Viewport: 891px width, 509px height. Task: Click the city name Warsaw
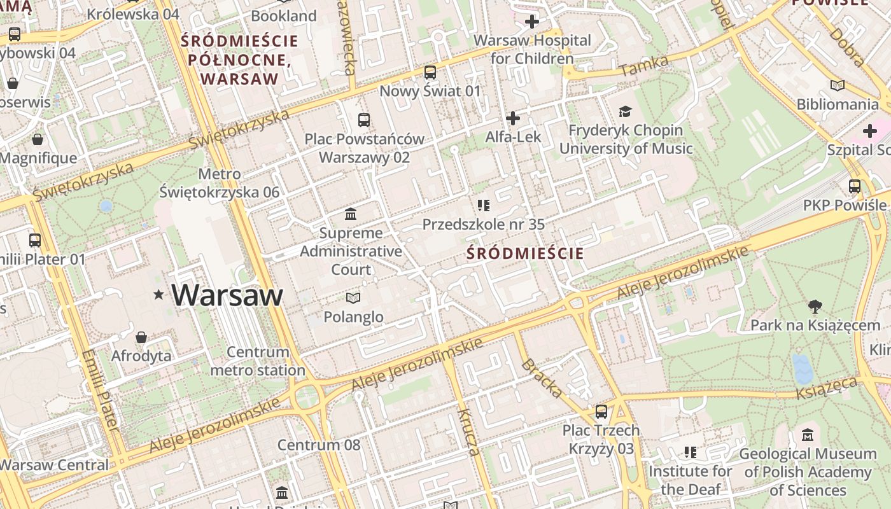(227, 295)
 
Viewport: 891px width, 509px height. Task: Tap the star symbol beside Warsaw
(158, 294)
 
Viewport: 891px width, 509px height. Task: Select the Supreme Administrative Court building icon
(351, 214)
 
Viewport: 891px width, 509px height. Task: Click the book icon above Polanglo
(353, 298)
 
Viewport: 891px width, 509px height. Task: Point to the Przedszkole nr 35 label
(484, 225)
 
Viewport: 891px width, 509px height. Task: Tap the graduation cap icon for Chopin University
(626, 112)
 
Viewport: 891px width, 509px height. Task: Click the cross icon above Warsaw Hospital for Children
(531, 22)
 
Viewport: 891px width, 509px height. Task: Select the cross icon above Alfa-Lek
(512, 118)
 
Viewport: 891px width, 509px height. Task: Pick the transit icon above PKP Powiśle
(855, 186)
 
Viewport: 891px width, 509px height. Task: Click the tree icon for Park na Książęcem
(815, 307)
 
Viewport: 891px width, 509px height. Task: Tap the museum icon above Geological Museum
(808, 435)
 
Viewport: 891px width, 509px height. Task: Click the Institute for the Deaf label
(690, 480)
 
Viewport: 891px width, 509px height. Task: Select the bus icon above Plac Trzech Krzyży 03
(601, 412)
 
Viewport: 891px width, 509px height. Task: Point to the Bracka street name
(542, 379)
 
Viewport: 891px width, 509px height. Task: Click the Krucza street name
(468, 433)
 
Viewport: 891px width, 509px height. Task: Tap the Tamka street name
(644, 66)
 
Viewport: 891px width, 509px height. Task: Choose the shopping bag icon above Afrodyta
(141, 337)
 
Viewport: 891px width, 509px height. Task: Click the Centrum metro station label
(258, 361)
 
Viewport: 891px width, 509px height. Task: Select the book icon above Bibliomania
(838, 85)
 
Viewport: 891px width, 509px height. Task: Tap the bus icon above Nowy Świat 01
(430, 73)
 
